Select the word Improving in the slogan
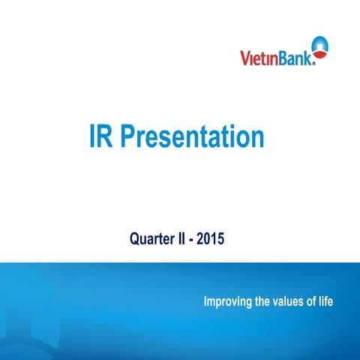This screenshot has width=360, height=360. (229, 302)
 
